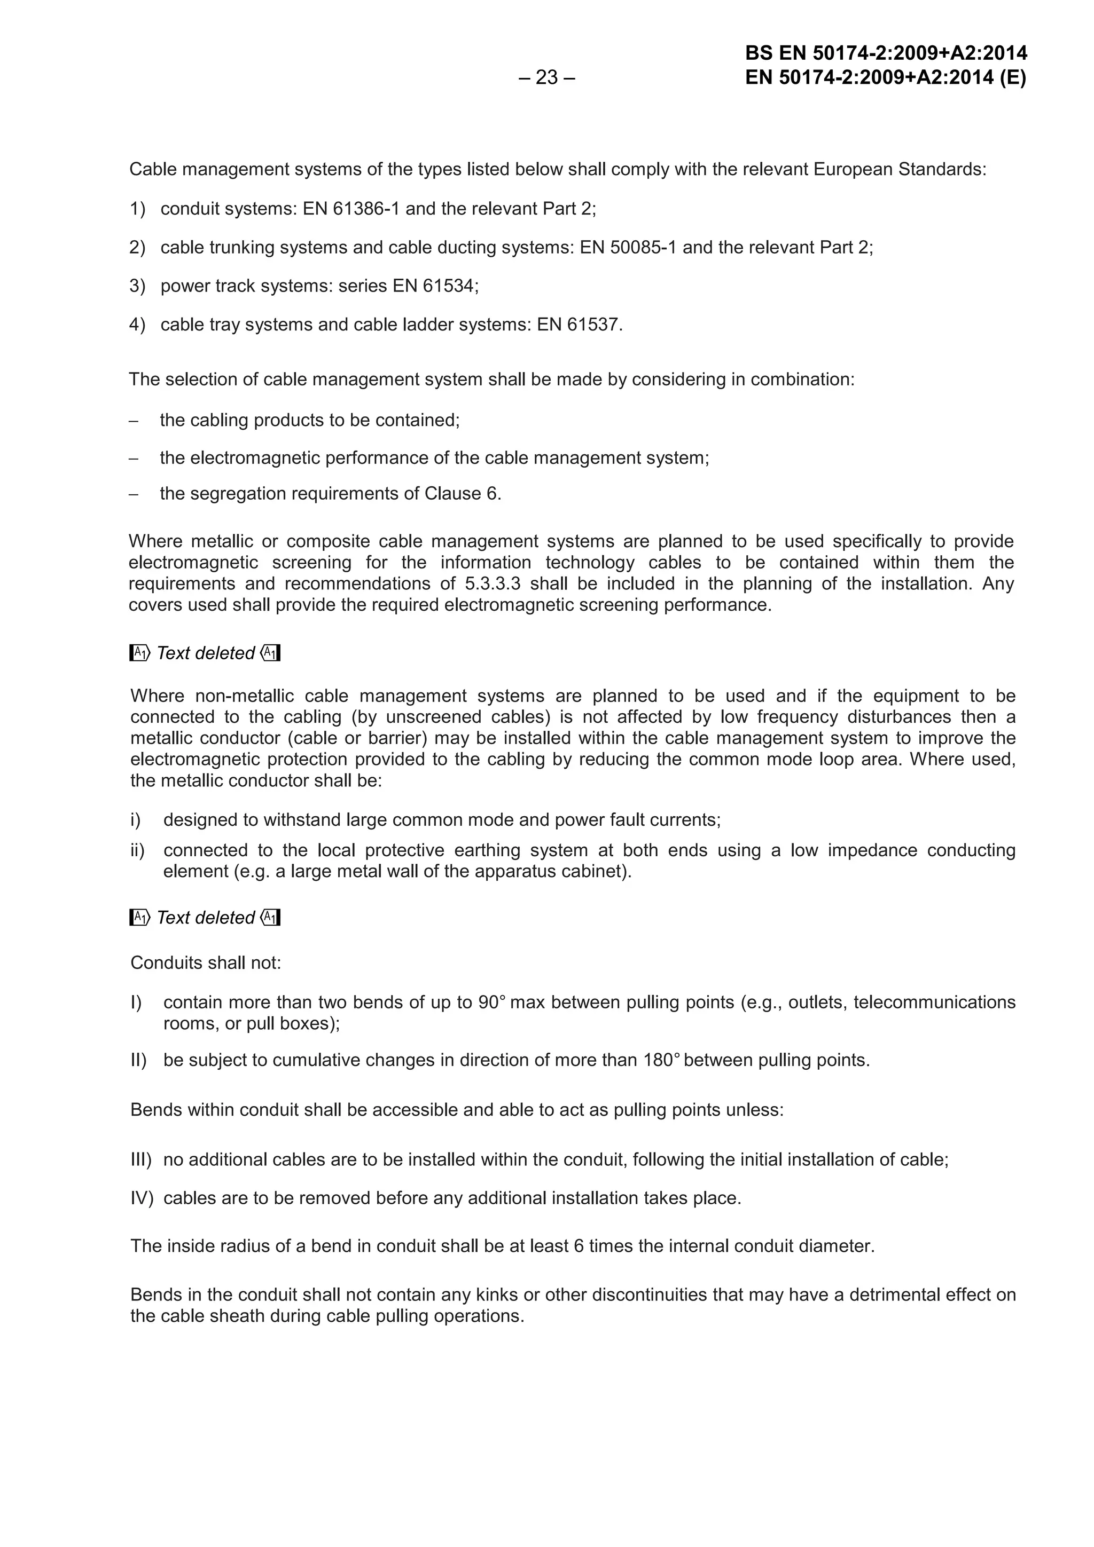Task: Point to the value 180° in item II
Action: pyautogui.click(x=659, y=1061)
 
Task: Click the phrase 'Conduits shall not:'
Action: pyautogui.click(x=206, y=963)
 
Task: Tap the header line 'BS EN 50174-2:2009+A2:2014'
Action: pyautogui.click(x=886, y=53)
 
